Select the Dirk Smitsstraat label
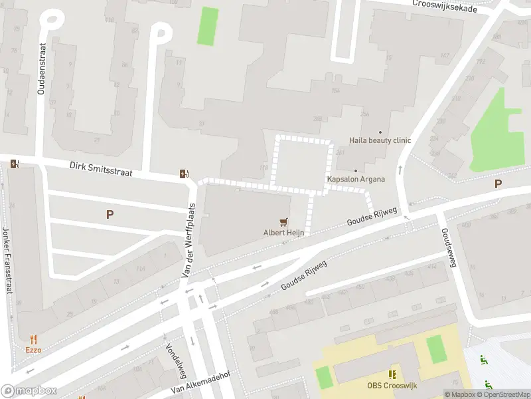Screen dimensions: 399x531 pos(101,168)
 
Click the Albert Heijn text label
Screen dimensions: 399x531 pos(283,233)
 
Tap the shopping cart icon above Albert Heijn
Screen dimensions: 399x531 pos(284,222)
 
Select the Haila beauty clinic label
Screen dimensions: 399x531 pos(380,140)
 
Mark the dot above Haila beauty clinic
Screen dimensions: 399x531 pos(380,132)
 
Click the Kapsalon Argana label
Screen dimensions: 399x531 pos(356,180)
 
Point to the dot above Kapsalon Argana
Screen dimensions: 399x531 pos(356,171)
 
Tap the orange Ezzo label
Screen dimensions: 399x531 pos(33,349)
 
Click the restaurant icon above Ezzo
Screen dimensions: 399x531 pos(33,338)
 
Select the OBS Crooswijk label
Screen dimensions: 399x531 pos(391,385)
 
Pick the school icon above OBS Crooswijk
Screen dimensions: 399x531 pos(392,374)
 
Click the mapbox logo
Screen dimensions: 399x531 pos(29,391)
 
